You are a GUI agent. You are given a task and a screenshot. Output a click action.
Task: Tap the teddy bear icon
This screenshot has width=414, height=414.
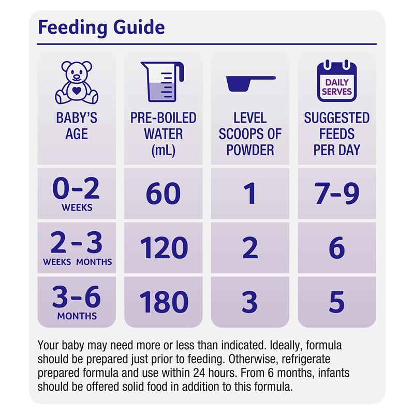tap(77, 82)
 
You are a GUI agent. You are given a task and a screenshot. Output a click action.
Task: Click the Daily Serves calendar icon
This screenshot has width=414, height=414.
tap(337, 81)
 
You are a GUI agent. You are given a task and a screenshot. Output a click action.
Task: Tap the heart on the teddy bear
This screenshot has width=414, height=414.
tap(77, 88)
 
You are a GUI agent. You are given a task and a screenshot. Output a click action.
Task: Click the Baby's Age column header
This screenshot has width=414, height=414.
tap(77, 126)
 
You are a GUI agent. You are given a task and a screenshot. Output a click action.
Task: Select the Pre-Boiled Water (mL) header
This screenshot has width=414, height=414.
tap(164, 134)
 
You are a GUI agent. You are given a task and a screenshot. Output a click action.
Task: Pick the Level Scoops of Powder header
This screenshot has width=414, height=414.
tap(250, 134)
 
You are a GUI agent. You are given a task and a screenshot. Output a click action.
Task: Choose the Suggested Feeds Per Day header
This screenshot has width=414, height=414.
tap(337, 134)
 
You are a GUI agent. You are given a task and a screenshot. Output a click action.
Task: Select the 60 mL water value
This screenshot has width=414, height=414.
tap(164, 194)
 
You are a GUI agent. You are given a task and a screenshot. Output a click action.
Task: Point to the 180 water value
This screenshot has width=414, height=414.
tap(164, 302)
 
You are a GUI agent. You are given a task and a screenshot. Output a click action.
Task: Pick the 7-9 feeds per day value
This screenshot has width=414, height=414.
tap(337, 194)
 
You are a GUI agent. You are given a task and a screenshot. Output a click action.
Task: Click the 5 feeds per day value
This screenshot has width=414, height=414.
tap(337, 302)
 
